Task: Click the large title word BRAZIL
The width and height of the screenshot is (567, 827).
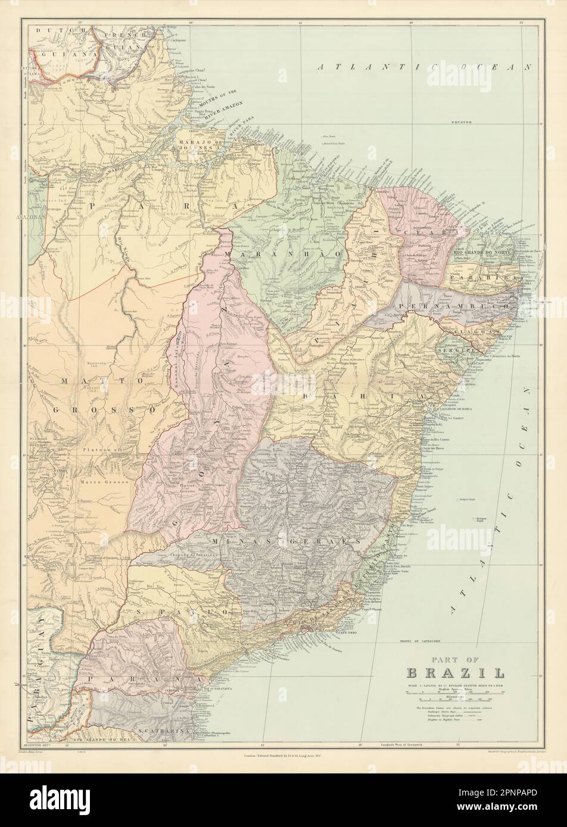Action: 456,673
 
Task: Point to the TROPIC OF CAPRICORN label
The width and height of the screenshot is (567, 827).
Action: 423,643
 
